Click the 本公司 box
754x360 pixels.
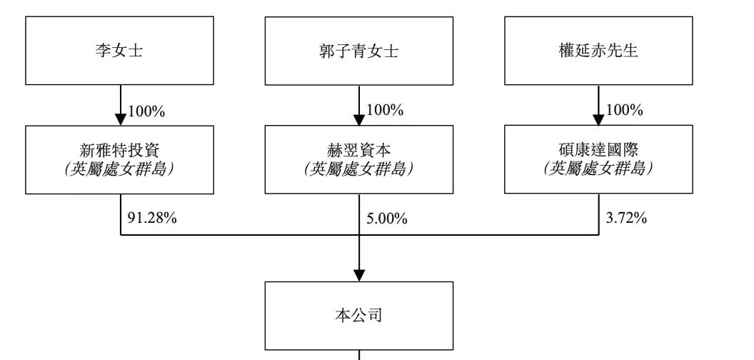pos(359,316)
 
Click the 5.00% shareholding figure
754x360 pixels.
pos(387,219)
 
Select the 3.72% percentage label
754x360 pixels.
pos(626,217)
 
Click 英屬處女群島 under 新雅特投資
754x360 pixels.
pos(120,169)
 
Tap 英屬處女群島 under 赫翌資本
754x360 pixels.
pos(359,169)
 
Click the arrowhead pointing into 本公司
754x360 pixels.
pos(359,275)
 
